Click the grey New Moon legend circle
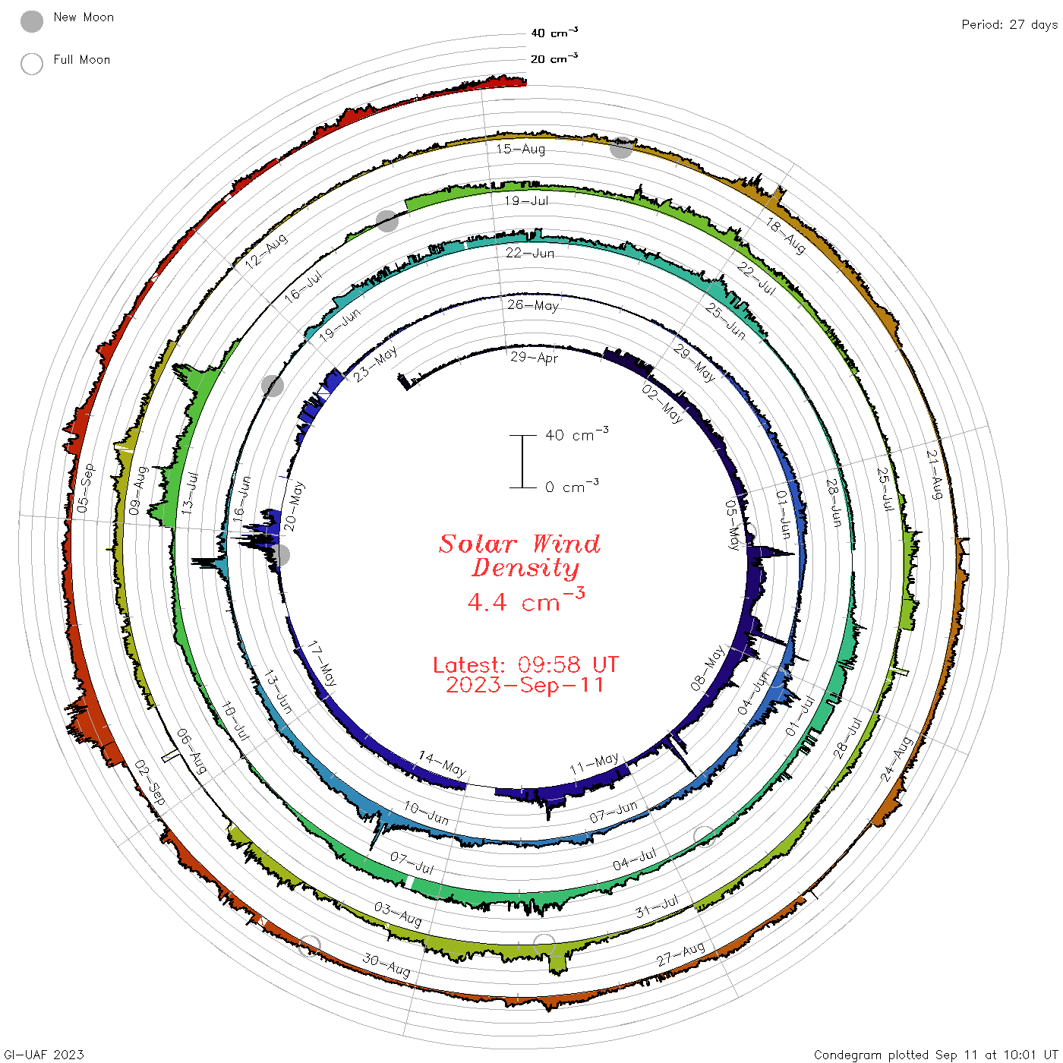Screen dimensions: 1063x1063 31,21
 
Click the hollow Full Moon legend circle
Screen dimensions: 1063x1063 31,64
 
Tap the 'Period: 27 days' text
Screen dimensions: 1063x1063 1010,25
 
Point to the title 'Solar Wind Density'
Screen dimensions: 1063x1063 520,556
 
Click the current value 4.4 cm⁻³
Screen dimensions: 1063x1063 526,600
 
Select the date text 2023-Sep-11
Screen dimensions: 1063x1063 525,685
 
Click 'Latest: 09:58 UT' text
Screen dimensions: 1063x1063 525,664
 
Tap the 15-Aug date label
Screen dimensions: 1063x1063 520,148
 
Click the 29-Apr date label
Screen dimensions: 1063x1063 534,357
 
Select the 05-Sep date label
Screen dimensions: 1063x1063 86,487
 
